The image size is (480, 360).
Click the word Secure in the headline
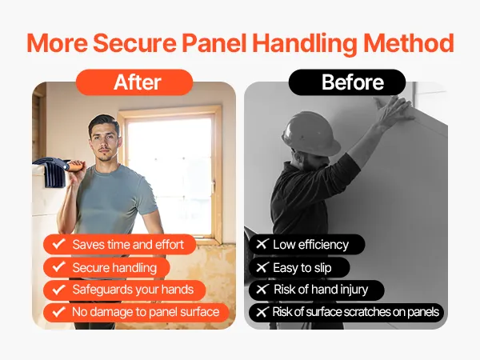(x=134, y=43)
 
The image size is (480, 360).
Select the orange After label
(x=134, y=82)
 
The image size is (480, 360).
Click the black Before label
(x=347, y=82)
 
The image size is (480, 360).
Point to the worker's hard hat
(x=310, y=133)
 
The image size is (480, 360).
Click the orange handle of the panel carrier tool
(x=75, y=166)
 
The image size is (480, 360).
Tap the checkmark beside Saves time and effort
(x=58, y=244)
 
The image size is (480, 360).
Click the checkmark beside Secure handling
(x=58, y=267)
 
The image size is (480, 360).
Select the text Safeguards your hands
(x=133, y=290)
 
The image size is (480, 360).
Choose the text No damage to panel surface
(x=146, y=312)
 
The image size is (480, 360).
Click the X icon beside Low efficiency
(x=262, y=244)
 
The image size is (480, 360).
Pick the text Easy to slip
(x=302, y=268)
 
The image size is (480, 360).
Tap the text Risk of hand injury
(x=321, y=290)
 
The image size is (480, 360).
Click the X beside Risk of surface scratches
(x=262, y=312)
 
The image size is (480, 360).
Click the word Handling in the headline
(x=305, y=43)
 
